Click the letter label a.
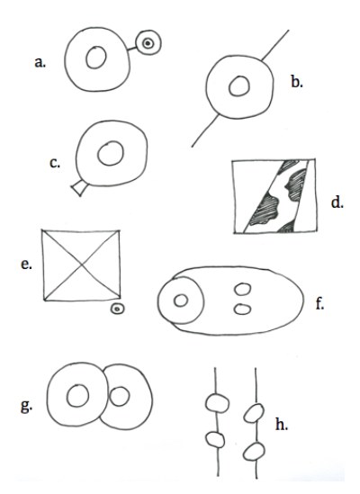[40, 63]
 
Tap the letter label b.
[297, 82]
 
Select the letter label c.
[55, 163]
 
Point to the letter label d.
[337, 202]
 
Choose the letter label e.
[26, 264]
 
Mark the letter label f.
[319, 304]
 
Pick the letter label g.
[26, 406]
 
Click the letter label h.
[282, 425]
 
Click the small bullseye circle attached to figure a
[148, 43]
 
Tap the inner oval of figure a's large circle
[96, 57]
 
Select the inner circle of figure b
[239, 85]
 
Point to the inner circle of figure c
[111, 154]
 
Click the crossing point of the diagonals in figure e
[82, 265]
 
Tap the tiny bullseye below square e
[117, 309]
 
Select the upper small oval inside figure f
[242, 289]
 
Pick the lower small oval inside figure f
[242, 309]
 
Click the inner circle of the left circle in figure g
[78, 395]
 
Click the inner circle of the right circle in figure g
[119, 396]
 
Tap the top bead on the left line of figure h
[217, 403]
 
